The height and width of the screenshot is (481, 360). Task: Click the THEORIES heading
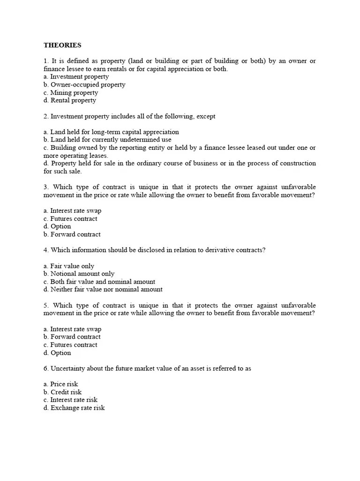(62, 46)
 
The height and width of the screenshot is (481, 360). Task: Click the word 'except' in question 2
(206, 116)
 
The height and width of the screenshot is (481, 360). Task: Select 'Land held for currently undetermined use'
(107, 140)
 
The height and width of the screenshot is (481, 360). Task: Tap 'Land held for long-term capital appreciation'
(111, 132)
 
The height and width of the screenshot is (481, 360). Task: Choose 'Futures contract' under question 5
(70, 345)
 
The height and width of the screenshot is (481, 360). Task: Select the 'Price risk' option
(60, 384)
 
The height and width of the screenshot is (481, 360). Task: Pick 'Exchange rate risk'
(74, 408)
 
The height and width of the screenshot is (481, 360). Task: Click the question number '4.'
(46, 250)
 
